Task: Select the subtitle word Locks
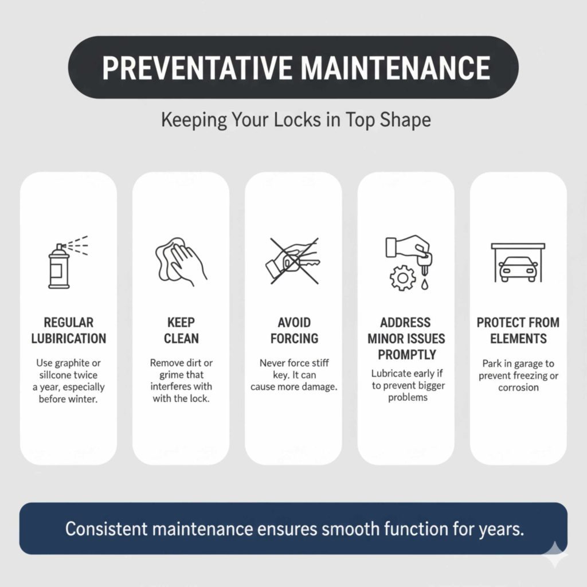(x=308, y=120)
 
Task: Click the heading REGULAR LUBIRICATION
(x=68, y=330)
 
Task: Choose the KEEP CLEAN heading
(x=181, y=330)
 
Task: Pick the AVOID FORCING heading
(x=293, y=330)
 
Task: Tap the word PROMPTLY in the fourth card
(x=406, y=354)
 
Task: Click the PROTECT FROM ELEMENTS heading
(x=518, y=330)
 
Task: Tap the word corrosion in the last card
(x=518, y=387)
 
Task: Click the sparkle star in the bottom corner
(x=554, y=554)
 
